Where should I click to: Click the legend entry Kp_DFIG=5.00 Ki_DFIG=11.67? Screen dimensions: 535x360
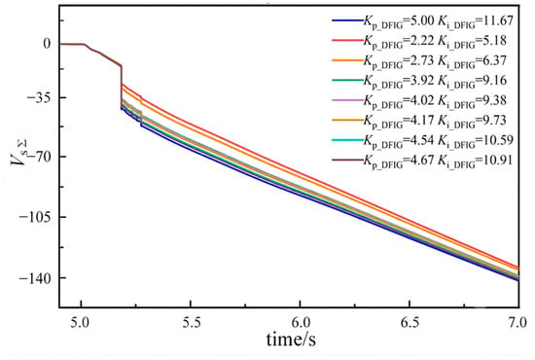(x=422, y=21)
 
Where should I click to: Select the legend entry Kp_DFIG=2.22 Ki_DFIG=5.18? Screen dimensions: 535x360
(x=419, y=41)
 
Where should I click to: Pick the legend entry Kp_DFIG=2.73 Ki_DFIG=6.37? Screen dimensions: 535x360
(x=419, y=60)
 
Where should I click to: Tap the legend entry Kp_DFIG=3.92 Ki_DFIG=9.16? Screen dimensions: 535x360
(x=419, y=81)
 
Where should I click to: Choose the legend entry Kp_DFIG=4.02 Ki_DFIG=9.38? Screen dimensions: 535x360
(x=419, y=100)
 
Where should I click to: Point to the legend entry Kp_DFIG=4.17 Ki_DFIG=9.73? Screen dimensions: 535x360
(x=419, y=120)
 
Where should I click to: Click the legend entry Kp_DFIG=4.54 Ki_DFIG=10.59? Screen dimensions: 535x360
(x=422, y=140)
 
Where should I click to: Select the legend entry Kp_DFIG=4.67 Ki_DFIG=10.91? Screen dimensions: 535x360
(x=422, y=160)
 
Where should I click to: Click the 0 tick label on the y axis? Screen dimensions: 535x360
(x=47, y=44)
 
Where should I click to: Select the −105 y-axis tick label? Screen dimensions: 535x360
(x=35, y=217)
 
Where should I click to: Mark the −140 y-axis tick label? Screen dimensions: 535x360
(x=35, y=277)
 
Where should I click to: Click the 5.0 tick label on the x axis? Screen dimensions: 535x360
(x=81, y=322)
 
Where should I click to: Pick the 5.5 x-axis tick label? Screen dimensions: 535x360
(x=191, y=322)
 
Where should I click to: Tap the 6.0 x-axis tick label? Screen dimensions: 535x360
(x=300, y=322)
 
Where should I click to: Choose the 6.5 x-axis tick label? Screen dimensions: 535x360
(x=410, y=322)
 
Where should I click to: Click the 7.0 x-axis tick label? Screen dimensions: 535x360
(x=518, y=322)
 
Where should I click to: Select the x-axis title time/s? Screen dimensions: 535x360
(x=291, y=340)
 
